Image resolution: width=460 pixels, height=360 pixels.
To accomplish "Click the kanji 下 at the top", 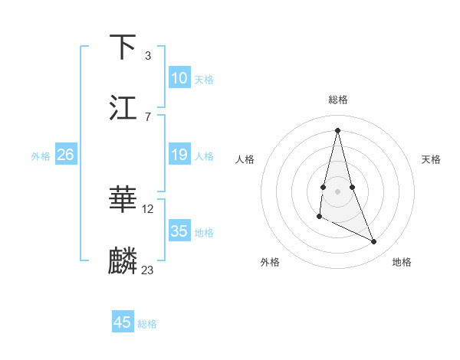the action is coord(123,47).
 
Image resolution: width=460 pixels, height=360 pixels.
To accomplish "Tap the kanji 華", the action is coord(123,200).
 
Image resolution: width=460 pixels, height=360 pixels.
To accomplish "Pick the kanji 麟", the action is coord(123,261).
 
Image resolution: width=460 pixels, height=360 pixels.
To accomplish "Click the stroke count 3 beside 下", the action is coord(147,55).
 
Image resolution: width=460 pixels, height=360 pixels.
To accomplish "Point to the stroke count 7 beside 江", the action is coord(147,116).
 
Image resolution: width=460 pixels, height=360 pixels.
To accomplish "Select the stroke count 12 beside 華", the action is coord(148,208).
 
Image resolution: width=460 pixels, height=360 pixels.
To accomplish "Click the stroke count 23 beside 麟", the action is coord(148,270).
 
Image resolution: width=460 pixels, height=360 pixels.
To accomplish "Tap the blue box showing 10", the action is coord(179,78).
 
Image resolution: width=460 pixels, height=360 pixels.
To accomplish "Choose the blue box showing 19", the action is coord(179,155).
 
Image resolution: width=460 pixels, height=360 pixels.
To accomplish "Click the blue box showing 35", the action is coord(179,231).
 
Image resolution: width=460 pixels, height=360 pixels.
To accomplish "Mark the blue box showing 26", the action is coord(65,155).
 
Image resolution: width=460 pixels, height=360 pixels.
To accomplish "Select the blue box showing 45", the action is coord(123,322).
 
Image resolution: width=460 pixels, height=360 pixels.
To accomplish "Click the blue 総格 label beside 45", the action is coord(147,324).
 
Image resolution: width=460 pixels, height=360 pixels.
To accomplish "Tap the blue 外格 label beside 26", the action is coord(41,156).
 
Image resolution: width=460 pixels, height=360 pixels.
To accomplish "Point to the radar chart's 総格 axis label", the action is coord(338,100).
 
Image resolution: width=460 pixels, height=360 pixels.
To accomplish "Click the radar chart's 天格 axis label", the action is coord(432,159).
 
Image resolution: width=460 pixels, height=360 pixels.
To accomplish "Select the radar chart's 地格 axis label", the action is coord(402,262).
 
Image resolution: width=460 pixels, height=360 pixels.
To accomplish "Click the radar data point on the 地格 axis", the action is coord(374,242).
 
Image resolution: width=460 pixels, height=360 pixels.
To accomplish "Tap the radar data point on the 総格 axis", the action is coord(338,129).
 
